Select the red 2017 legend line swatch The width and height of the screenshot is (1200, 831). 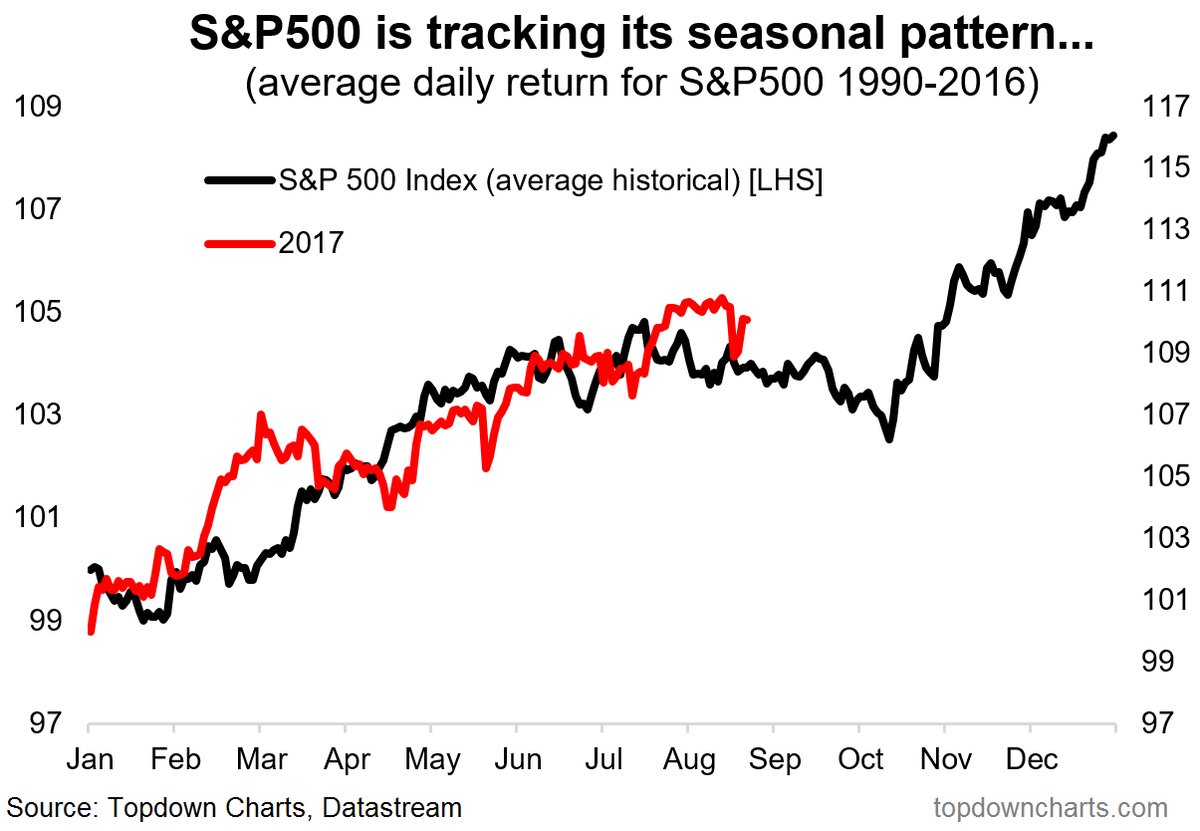[x=237, y=242]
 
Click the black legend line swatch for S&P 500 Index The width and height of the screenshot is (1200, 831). [x=237, y=180]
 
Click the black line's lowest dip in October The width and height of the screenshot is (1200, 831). [x=887, y=438]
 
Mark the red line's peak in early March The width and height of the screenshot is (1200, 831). [x=261, y=414]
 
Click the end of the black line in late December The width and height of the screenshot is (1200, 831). [x=1113, y=135]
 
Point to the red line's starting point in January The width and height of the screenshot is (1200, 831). [x=91, y=632]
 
